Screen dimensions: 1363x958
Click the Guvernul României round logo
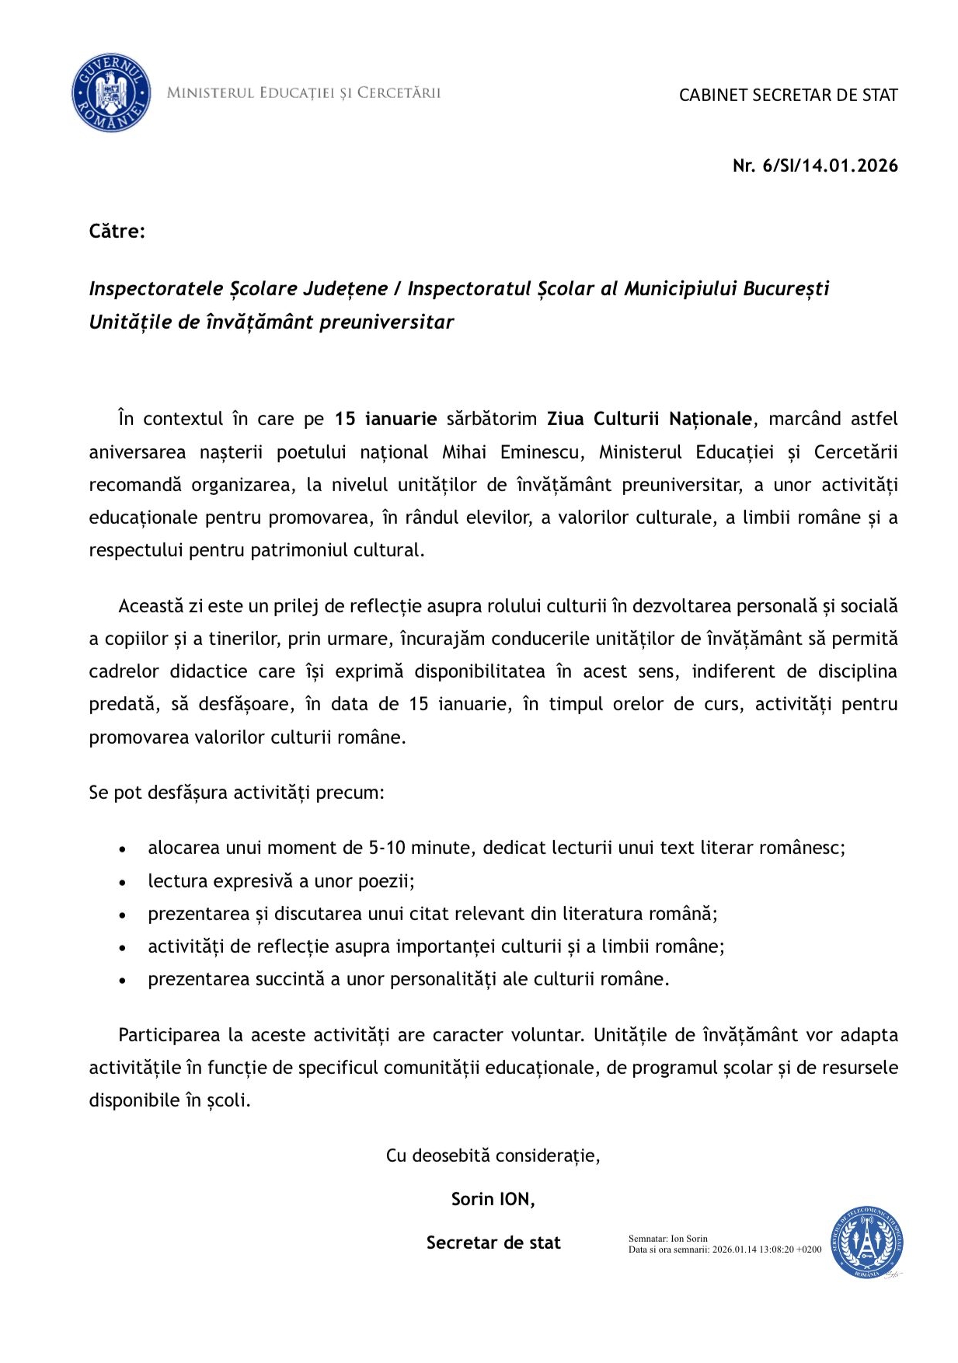tap(111, 93)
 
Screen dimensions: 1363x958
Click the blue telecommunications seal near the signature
tap(866, 1243)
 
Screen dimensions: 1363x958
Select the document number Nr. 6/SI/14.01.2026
tap(815, 166)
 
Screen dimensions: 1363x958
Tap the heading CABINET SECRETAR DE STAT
tap(788, 95)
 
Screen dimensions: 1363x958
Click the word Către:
tap(117, 231)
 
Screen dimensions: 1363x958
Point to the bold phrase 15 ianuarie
tap(385, 419)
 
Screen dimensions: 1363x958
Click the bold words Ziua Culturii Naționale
tap(649, 419)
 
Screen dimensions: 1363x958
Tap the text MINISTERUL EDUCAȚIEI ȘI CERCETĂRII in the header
tap(304, 93)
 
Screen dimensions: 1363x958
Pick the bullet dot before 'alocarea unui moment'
tap(123, 849)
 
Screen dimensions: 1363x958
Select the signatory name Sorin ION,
tap(493, 1199)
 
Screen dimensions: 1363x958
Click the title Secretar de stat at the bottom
tap(493, 1243)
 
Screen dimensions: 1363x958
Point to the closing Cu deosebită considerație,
tap(493, 1156)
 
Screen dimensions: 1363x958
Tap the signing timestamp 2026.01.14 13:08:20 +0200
tap(767, 1250)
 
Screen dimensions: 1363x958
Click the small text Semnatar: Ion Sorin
tap(668, 1239)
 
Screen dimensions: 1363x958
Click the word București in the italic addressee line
tap(786, 289)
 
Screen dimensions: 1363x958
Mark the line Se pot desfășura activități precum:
tap(237, 793)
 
